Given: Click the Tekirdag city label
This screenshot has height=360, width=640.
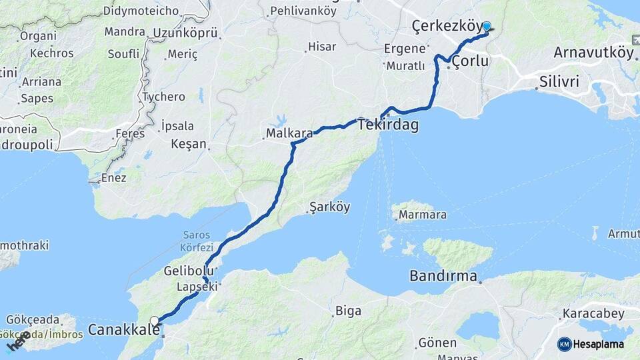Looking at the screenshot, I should (388, 125).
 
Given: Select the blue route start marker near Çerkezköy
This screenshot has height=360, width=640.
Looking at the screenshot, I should (487, 27).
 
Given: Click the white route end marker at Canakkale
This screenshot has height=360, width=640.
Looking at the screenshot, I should (155, 321).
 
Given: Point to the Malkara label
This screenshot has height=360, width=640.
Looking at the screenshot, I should (289, 133).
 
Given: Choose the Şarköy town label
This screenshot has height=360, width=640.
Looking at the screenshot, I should (329, 207).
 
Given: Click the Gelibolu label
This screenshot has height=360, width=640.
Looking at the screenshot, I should (189, 271).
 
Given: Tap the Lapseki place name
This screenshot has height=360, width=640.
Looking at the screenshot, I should (197, 287).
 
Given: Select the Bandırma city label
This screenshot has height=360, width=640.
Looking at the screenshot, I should (443, 275).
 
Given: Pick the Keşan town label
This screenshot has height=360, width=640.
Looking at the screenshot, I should (189, 144).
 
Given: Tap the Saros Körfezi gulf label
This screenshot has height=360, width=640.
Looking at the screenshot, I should (196, 241).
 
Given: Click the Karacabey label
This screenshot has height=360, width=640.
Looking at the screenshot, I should (593, 313).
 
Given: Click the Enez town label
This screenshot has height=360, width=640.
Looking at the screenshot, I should (113, 178).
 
